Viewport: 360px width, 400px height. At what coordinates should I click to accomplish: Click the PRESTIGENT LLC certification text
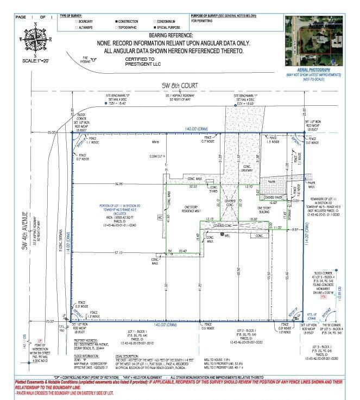[x=140, y=64]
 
